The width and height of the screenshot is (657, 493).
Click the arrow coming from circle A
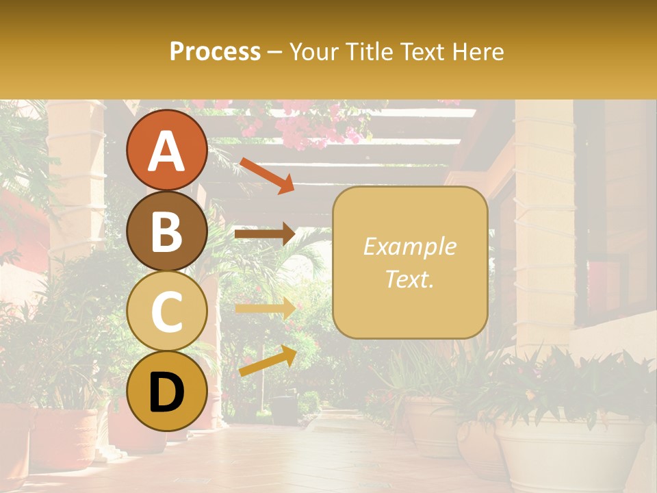point(267,175)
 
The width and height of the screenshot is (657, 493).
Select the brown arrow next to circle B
point(265,234)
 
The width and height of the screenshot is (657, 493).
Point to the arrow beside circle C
point(265,309)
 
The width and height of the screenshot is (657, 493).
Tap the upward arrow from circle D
point(267,361)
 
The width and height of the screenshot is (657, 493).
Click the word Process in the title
point(215,51)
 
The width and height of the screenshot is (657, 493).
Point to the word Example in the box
point(410,246)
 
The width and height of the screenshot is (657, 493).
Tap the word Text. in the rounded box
point(410,279)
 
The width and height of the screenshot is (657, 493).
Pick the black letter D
point(166,392)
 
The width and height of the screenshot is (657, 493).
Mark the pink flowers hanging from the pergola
point(301,127)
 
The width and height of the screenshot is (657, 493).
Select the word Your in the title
point(313,51)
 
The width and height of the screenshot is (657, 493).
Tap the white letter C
point(166,312)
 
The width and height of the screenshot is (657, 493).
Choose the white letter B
point(166,231)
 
